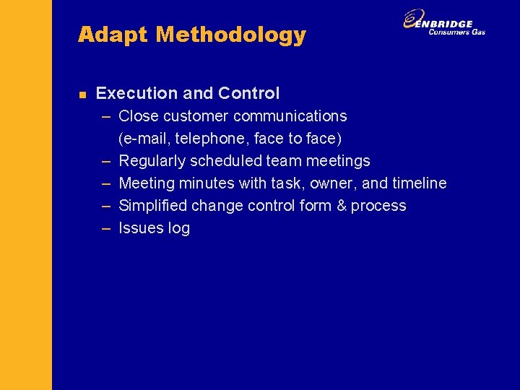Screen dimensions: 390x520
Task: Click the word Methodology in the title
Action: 231,35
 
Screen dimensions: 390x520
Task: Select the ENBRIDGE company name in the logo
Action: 449,24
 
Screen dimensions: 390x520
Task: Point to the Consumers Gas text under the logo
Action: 456,32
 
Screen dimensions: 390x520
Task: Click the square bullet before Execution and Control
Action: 82,94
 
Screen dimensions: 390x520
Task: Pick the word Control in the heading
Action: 248,93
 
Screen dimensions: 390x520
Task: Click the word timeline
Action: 419,183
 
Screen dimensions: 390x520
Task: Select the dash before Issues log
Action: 106,228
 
